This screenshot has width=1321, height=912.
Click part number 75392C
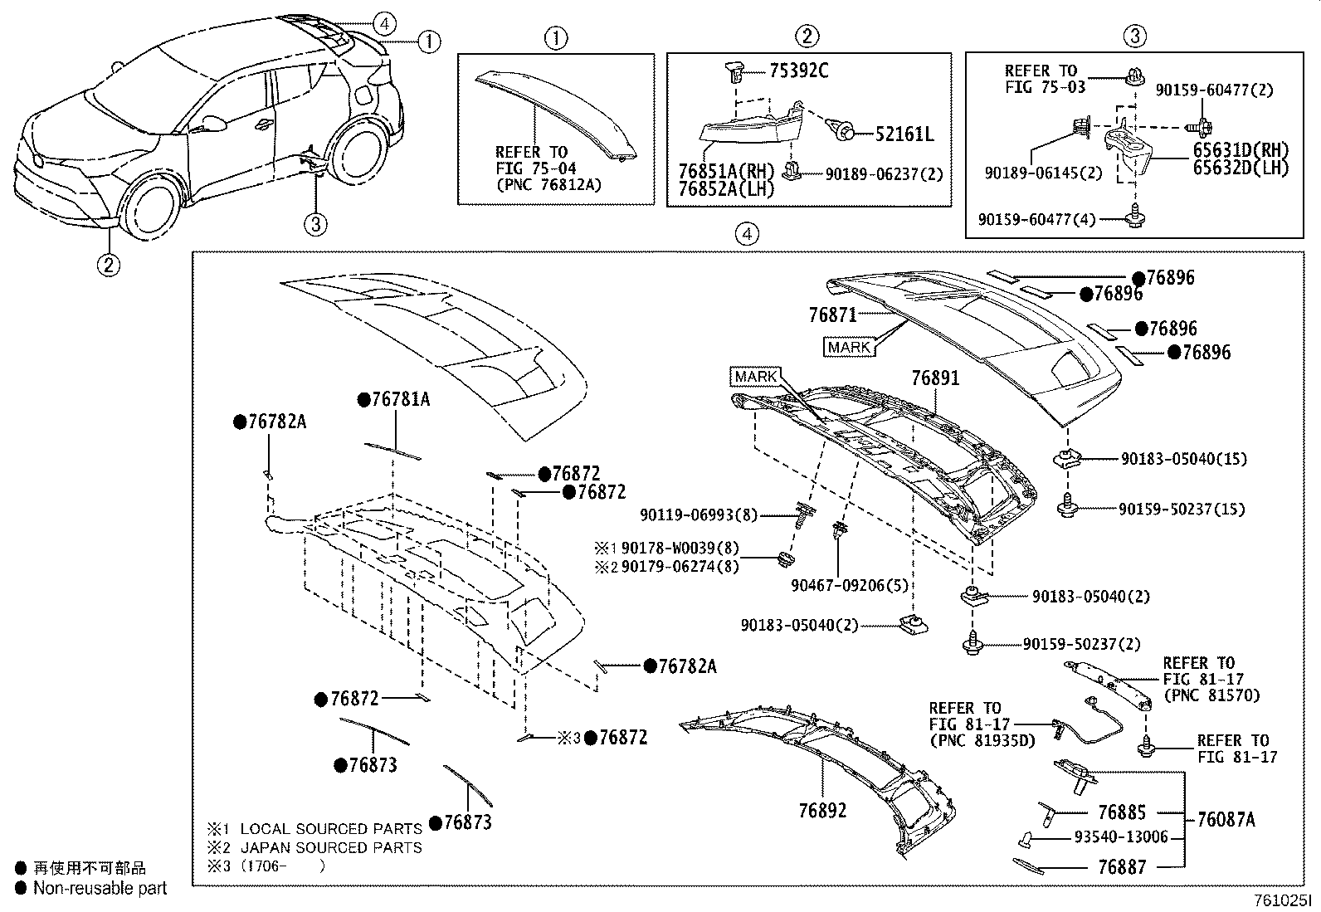point(798,71)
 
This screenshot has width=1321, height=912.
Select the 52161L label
point(904,134)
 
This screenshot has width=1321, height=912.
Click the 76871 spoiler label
point(833,315)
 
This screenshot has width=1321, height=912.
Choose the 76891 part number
point(935,378)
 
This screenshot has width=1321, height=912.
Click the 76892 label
point(822,810)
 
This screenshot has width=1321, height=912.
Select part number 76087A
point(1226,819)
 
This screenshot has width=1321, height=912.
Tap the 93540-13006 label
point(1121,836)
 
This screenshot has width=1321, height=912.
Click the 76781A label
point(400,399)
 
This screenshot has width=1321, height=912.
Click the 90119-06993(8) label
point(699,515)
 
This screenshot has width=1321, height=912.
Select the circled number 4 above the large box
point(747,235)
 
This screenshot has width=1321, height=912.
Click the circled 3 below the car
point(315,222)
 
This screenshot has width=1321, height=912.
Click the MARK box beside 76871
point(849,347)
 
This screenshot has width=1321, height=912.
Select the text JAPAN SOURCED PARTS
point(331,847)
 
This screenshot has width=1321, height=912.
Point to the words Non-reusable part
point(100,888)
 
